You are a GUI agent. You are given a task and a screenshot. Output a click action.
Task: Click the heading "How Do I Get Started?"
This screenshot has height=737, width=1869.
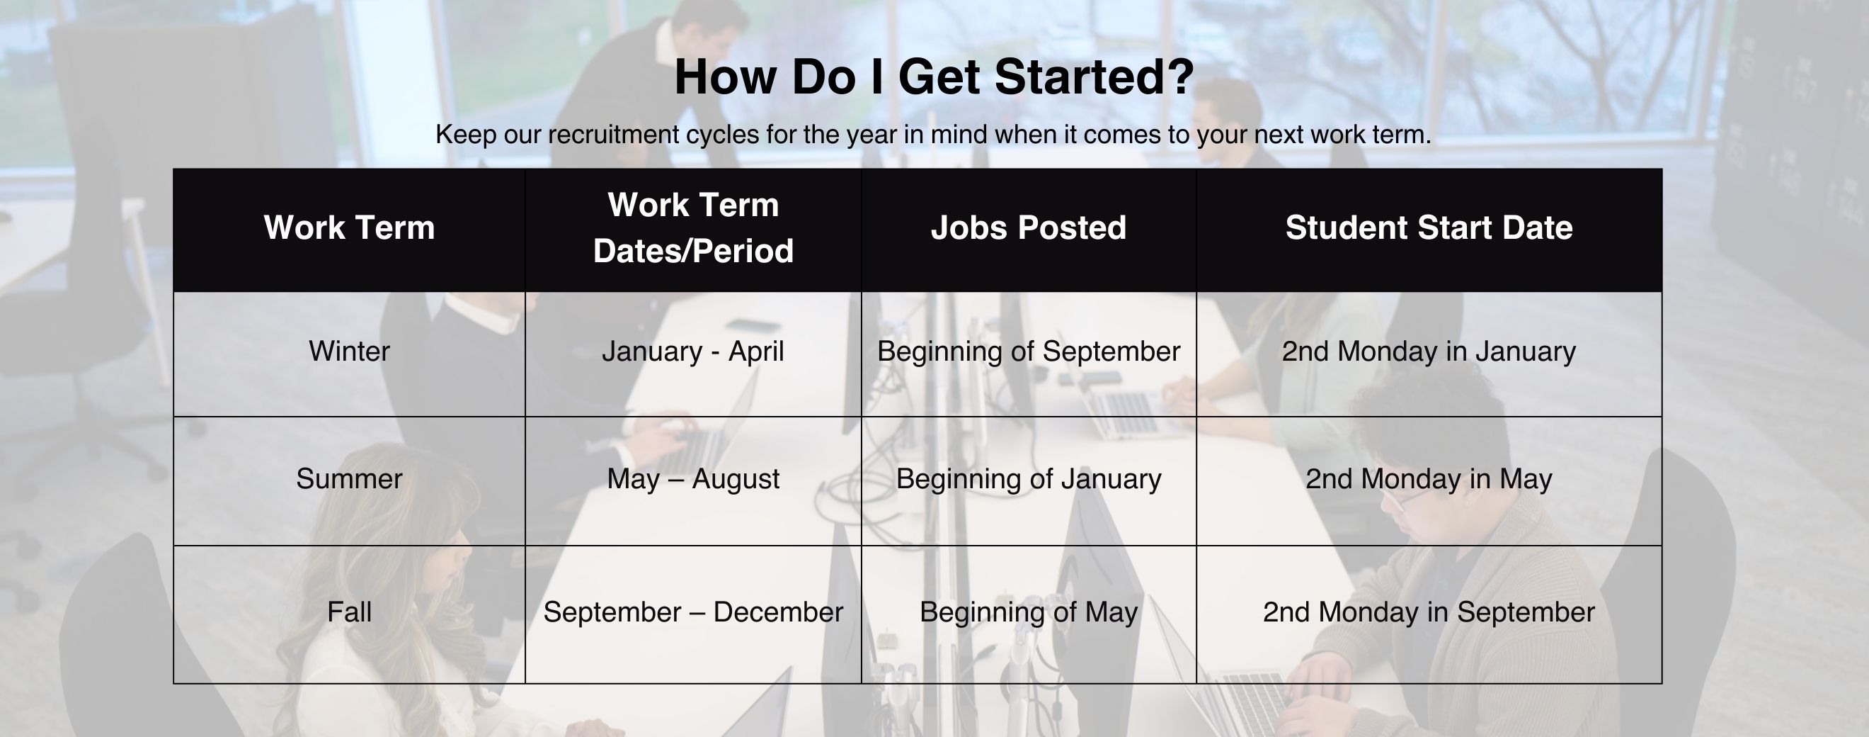(x=934, y=77)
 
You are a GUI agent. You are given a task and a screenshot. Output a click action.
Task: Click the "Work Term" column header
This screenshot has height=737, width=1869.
(x=349, y=227)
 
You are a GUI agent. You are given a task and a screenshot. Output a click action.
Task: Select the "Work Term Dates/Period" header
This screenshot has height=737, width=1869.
(x=693, y=227)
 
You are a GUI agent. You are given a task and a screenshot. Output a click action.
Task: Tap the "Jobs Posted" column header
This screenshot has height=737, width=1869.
(x=1028, y=227)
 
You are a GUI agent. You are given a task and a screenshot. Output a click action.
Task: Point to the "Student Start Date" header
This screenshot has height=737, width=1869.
(x=1429, y=227)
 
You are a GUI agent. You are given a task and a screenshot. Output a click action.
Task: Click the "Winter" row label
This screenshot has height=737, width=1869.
(x=349, y=351)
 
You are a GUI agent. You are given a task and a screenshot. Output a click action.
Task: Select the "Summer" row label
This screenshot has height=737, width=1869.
(x=349, y=479)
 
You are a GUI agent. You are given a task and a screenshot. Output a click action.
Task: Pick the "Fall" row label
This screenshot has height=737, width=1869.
(x=349, y=612)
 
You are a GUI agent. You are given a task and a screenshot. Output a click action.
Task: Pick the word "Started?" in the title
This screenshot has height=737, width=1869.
(x=1094, y=77)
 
